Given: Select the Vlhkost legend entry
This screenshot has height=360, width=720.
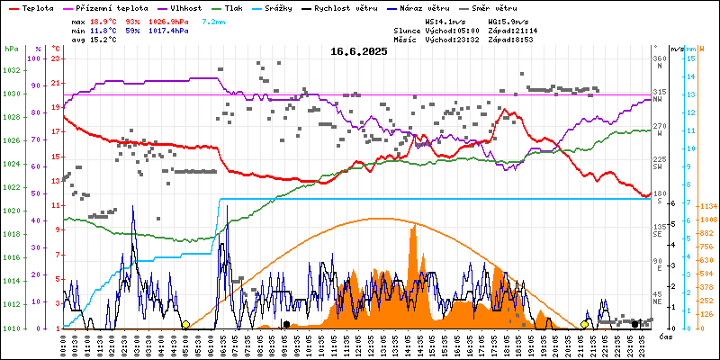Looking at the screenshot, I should [x=185, y=6].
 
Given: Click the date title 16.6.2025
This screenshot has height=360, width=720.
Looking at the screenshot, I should [x=358, y=51].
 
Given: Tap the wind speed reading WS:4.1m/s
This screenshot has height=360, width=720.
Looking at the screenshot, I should [x=445, y=20].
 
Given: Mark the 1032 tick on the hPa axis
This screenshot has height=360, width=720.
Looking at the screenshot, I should [x=11, y=70].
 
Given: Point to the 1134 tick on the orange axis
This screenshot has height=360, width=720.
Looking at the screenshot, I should [x=708, y=205].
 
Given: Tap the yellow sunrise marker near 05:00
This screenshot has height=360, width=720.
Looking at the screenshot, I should [x=185, y=324].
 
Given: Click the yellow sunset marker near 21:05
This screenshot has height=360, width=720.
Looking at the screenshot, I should [x=584, y=324].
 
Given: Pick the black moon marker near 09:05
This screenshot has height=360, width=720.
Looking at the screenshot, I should [x=286, y=324].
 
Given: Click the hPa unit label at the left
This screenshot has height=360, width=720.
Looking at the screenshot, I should [x=11, y=48].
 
